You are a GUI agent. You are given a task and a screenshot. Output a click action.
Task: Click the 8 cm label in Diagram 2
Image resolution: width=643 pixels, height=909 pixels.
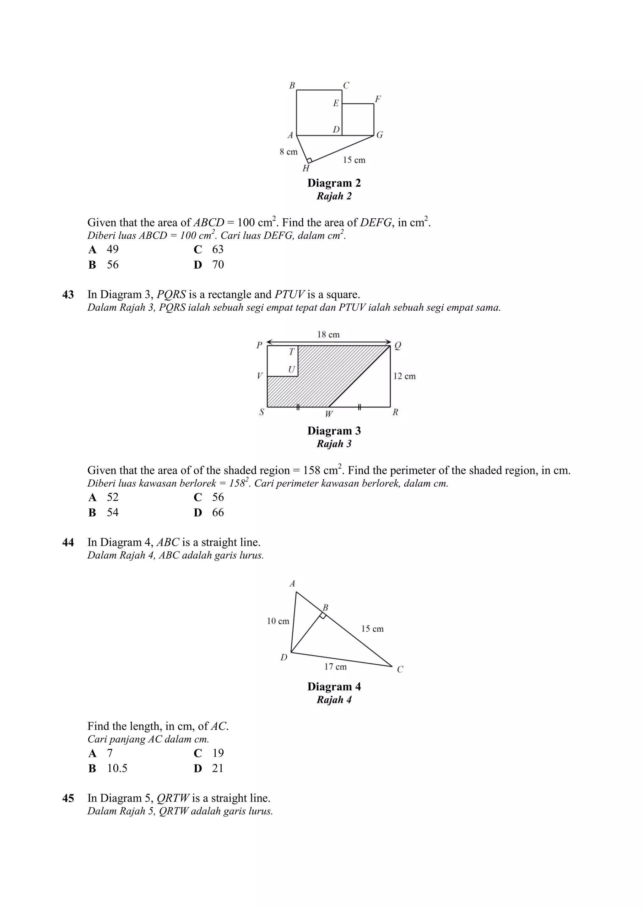289,151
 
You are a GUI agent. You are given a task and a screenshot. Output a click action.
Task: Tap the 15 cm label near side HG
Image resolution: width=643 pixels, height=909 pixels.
354,160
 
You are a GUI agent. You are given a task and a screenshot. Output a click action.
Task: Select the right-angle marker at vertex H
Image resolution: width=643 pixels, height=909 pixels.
310,160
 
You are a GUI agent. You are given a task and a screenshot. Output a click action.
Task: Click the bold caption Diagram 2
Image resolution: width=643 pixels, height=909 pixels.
334,183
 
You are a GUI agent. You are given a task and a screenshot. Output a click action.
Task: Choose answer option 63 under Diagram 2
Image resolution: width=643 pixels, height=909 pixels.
218,249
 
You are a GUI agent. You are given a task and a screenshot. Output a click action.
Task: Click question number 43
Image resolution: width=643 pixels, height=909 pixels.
68,295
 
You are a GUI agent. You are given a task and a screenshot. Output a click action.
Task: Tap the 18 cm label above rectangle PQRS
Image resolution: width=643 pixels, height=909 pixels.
328,335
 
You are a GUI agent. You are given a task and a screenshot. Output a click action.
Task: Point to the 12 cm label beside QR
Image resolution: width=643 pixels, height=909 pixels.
404,376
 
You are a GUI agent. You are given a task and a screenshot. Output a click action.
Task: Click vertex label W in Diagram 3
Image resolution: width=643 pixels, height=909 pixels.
329,414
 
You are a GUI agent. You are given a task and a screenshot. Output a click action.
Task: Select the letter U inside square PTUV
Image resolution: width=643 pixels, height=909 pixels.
292,370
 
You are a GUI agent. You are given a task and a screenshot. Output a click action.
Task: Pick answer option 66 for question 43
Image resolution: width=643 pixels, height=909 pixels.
218,513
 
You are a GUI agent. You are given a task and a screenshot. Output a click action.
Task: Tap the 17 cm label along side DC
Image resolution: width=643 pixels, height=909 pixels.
335,667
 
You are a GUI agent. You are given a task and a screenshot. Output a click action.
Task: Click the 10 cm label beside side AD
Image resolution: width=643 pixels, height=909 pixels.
278,621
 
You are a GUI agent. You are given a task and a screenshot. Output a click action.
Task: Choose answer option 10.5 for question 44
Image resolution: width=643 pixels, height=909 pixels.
117,768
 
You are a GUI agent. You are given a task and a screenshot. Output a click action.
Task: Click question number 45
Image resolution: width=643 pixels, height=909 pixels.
68,798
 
